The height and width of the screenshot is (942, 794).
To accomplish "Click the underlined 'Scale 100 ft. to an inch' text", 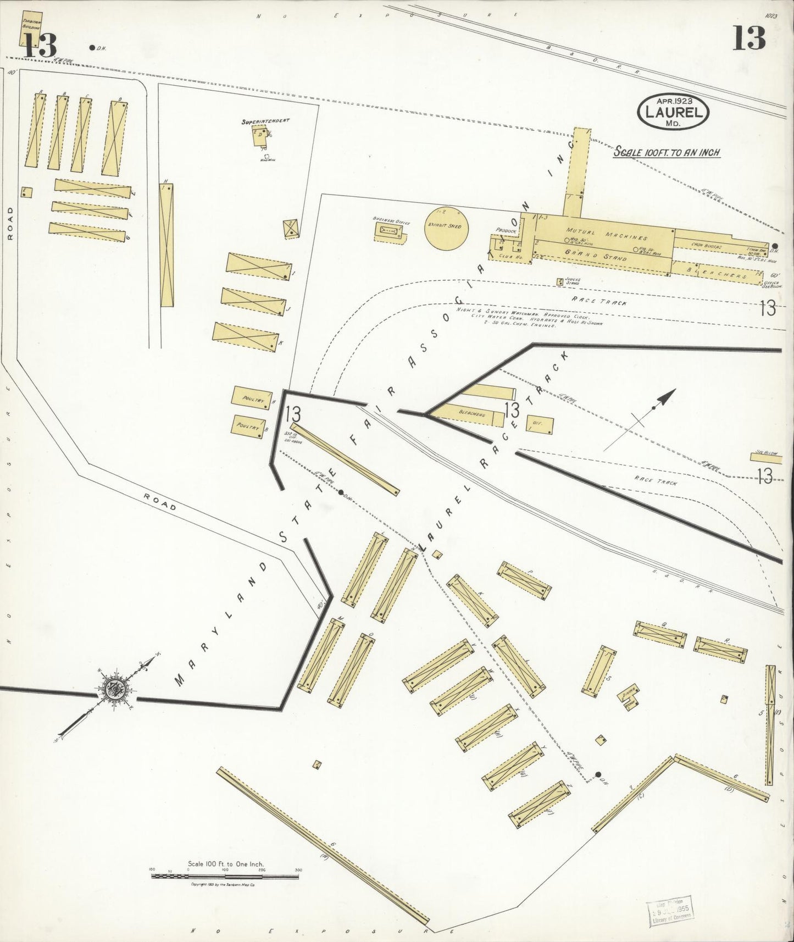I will point(667,152).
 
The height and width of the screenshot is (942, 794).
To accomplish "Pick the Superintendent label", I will point(265,121).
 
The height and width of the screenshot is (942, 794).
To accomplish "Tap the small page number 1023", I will point(770,16).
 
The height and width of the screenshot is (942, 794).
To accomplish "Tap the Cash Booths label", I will point(706,246).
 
